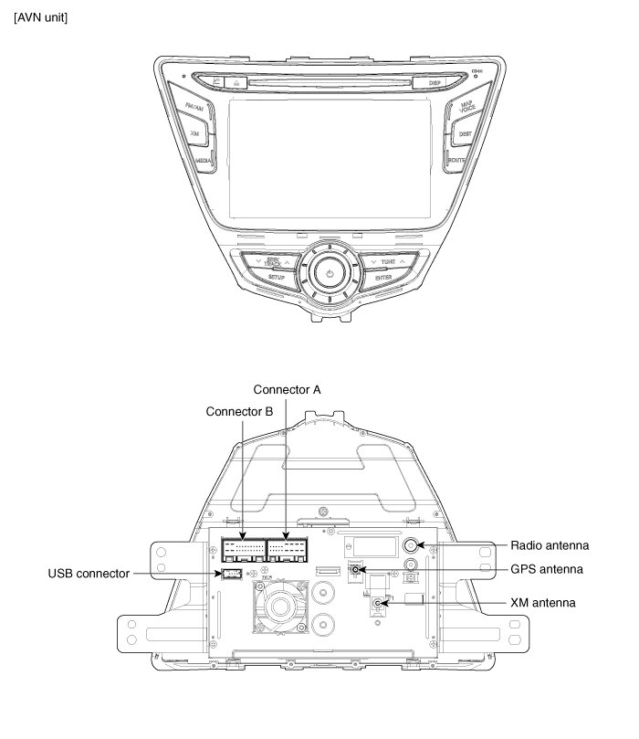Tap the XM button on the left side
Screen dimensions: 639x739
tap(194, 133)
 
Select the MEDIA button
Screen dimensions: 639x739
tap(204, 160)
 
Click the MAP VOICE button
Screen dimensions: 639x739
tap(466, 109)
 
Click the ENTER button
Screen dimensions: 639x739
tap(382, 276)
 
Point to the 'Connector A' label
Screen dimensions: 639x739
tap(287, 388)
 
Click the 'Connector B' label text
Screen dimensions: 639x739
tap(239, 411)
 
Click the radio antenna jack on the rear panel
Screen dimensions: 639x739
tap(413, 545)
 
